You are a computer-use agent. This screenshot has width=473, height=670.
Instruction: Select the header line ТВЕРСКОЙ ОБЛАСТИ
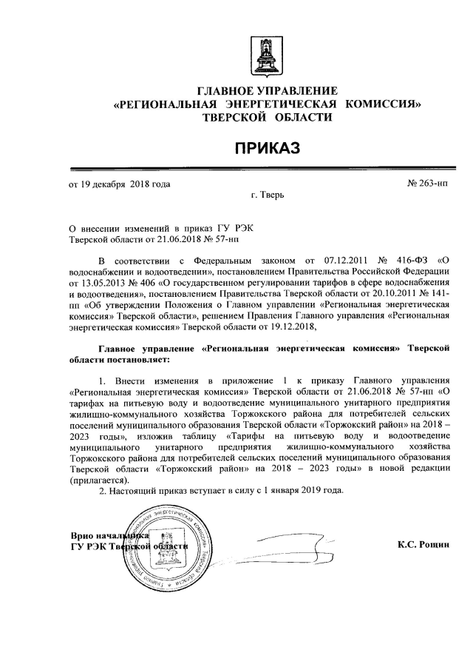tap(267, 117)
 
